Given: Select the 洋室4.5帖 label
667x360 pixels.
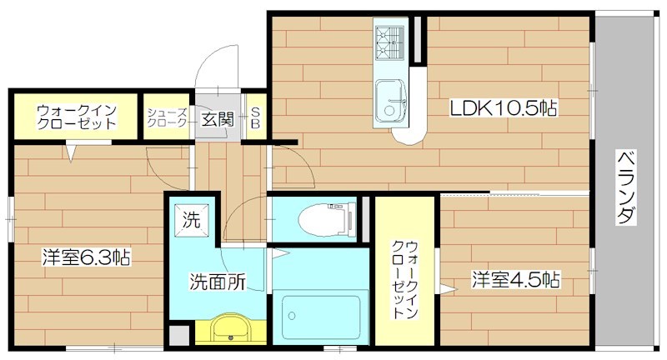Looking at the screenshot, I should click(514, 279).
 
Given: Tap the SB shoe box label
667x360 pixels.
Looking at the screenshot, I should click(256, 117).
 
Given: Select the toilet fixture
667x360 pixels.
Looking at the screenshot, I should click(321, 217).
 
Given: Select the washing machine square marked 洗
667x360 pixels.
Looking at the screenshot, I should click(192, 222).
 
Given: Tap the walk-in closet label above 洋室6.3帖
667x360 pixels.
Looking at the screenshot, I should click(76, 117).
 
